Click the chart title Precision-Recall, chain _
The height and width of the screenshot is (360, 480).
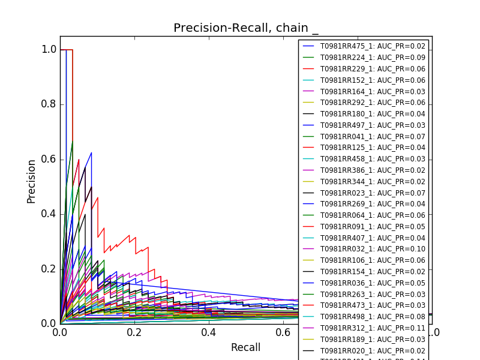(x=246, y=28)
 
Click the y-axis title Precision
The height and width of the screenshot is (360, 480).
(x=32, y=181)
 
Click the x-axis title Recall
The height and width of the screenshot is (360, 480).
(x=245, y=347)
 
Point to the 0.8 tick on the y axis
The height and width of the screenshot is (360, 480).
(x=49, y=104)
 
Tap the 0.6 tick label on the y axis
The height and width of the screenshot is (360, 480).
(x=49, y=159)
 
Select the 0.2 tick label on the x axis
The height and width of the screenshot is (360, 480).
(x=134, y=332)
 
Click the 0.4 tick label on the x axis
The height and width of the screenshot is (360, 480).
(x=209, y=332)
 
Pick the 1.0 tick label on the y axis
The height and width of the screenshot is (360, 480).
(x=49, y=50)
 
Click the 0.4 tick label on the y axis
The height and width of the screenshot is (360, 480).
(x=49, y=214)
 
